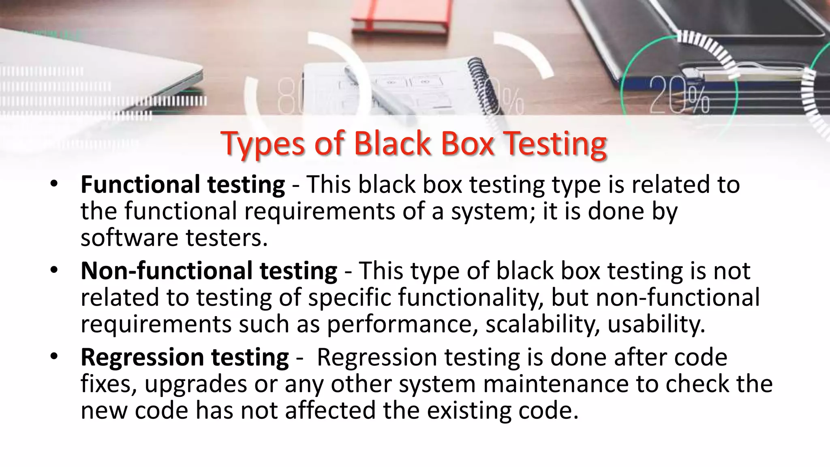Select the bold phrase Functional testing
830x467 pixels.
[183, 184]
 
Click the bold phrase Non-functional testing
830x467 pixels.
[209, 271]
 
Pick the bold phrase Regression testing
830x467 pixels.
[185, 358]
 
